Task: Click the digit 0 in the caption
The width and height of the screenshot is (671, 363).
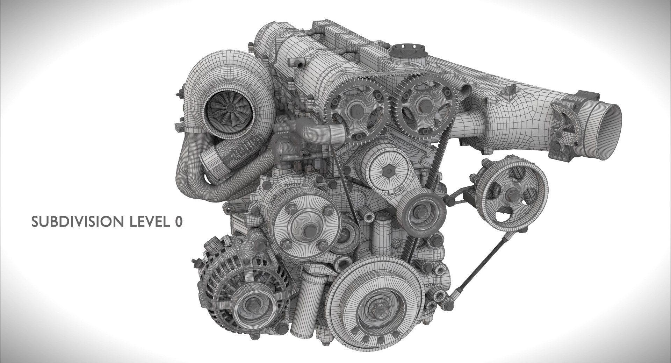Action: click(x=178, y=222)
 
